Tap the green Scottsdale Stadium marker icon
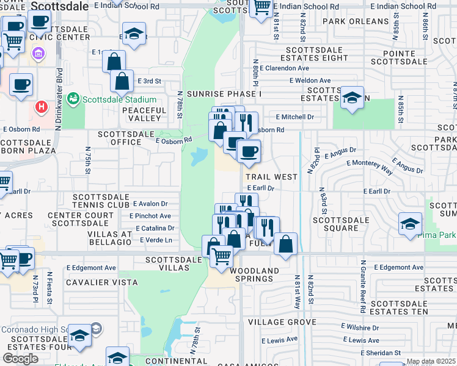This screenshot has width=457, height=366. point(73,98)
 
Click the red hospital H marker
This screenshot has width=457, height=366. point(42,107)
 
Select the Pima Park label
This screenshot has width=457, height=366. point(439,234)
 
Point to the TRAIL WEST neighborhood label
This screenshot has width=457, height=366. point(271,176)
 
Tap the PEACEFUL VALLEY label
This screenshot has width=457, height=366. point(144,115)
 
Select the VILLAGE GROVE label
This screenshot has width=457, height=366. point(282,321)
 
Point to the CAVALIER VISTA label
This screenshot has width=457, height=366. point(95,281)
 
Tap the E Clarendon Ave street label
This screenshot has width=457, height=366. point(284,68)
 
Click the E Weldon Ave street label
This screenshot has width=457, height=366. point(310,81)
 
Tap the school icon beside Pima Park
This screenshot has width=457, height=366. point(410,223)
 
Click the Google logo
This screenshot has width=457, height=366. point(20,359)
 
